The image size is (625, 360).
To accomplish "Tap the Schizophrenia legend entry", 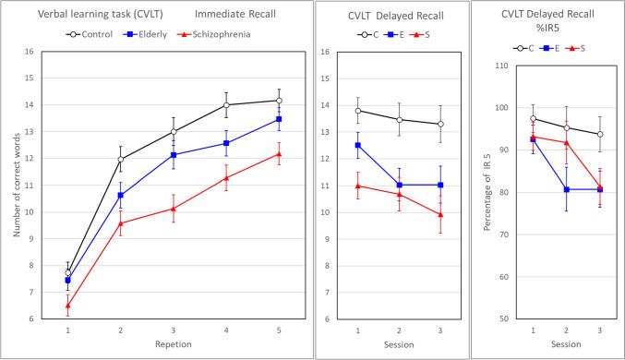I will coord(213,33).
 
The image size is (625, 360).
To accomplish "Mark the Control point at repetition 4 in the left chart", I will coord(225,104).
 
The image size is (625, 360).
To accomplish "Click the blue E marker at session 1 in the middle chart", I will coord(358,145).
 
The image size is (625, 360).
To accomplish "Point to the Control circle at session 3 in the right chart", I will coord(600,134).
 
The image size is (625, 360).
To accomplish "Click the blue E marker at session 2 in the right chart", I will coord(567,189).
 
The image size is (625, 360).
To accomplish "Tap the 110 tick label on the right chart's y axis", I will coord(504,66).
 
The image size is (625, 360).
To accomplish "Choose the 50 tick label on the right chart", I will coord(507,319).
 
